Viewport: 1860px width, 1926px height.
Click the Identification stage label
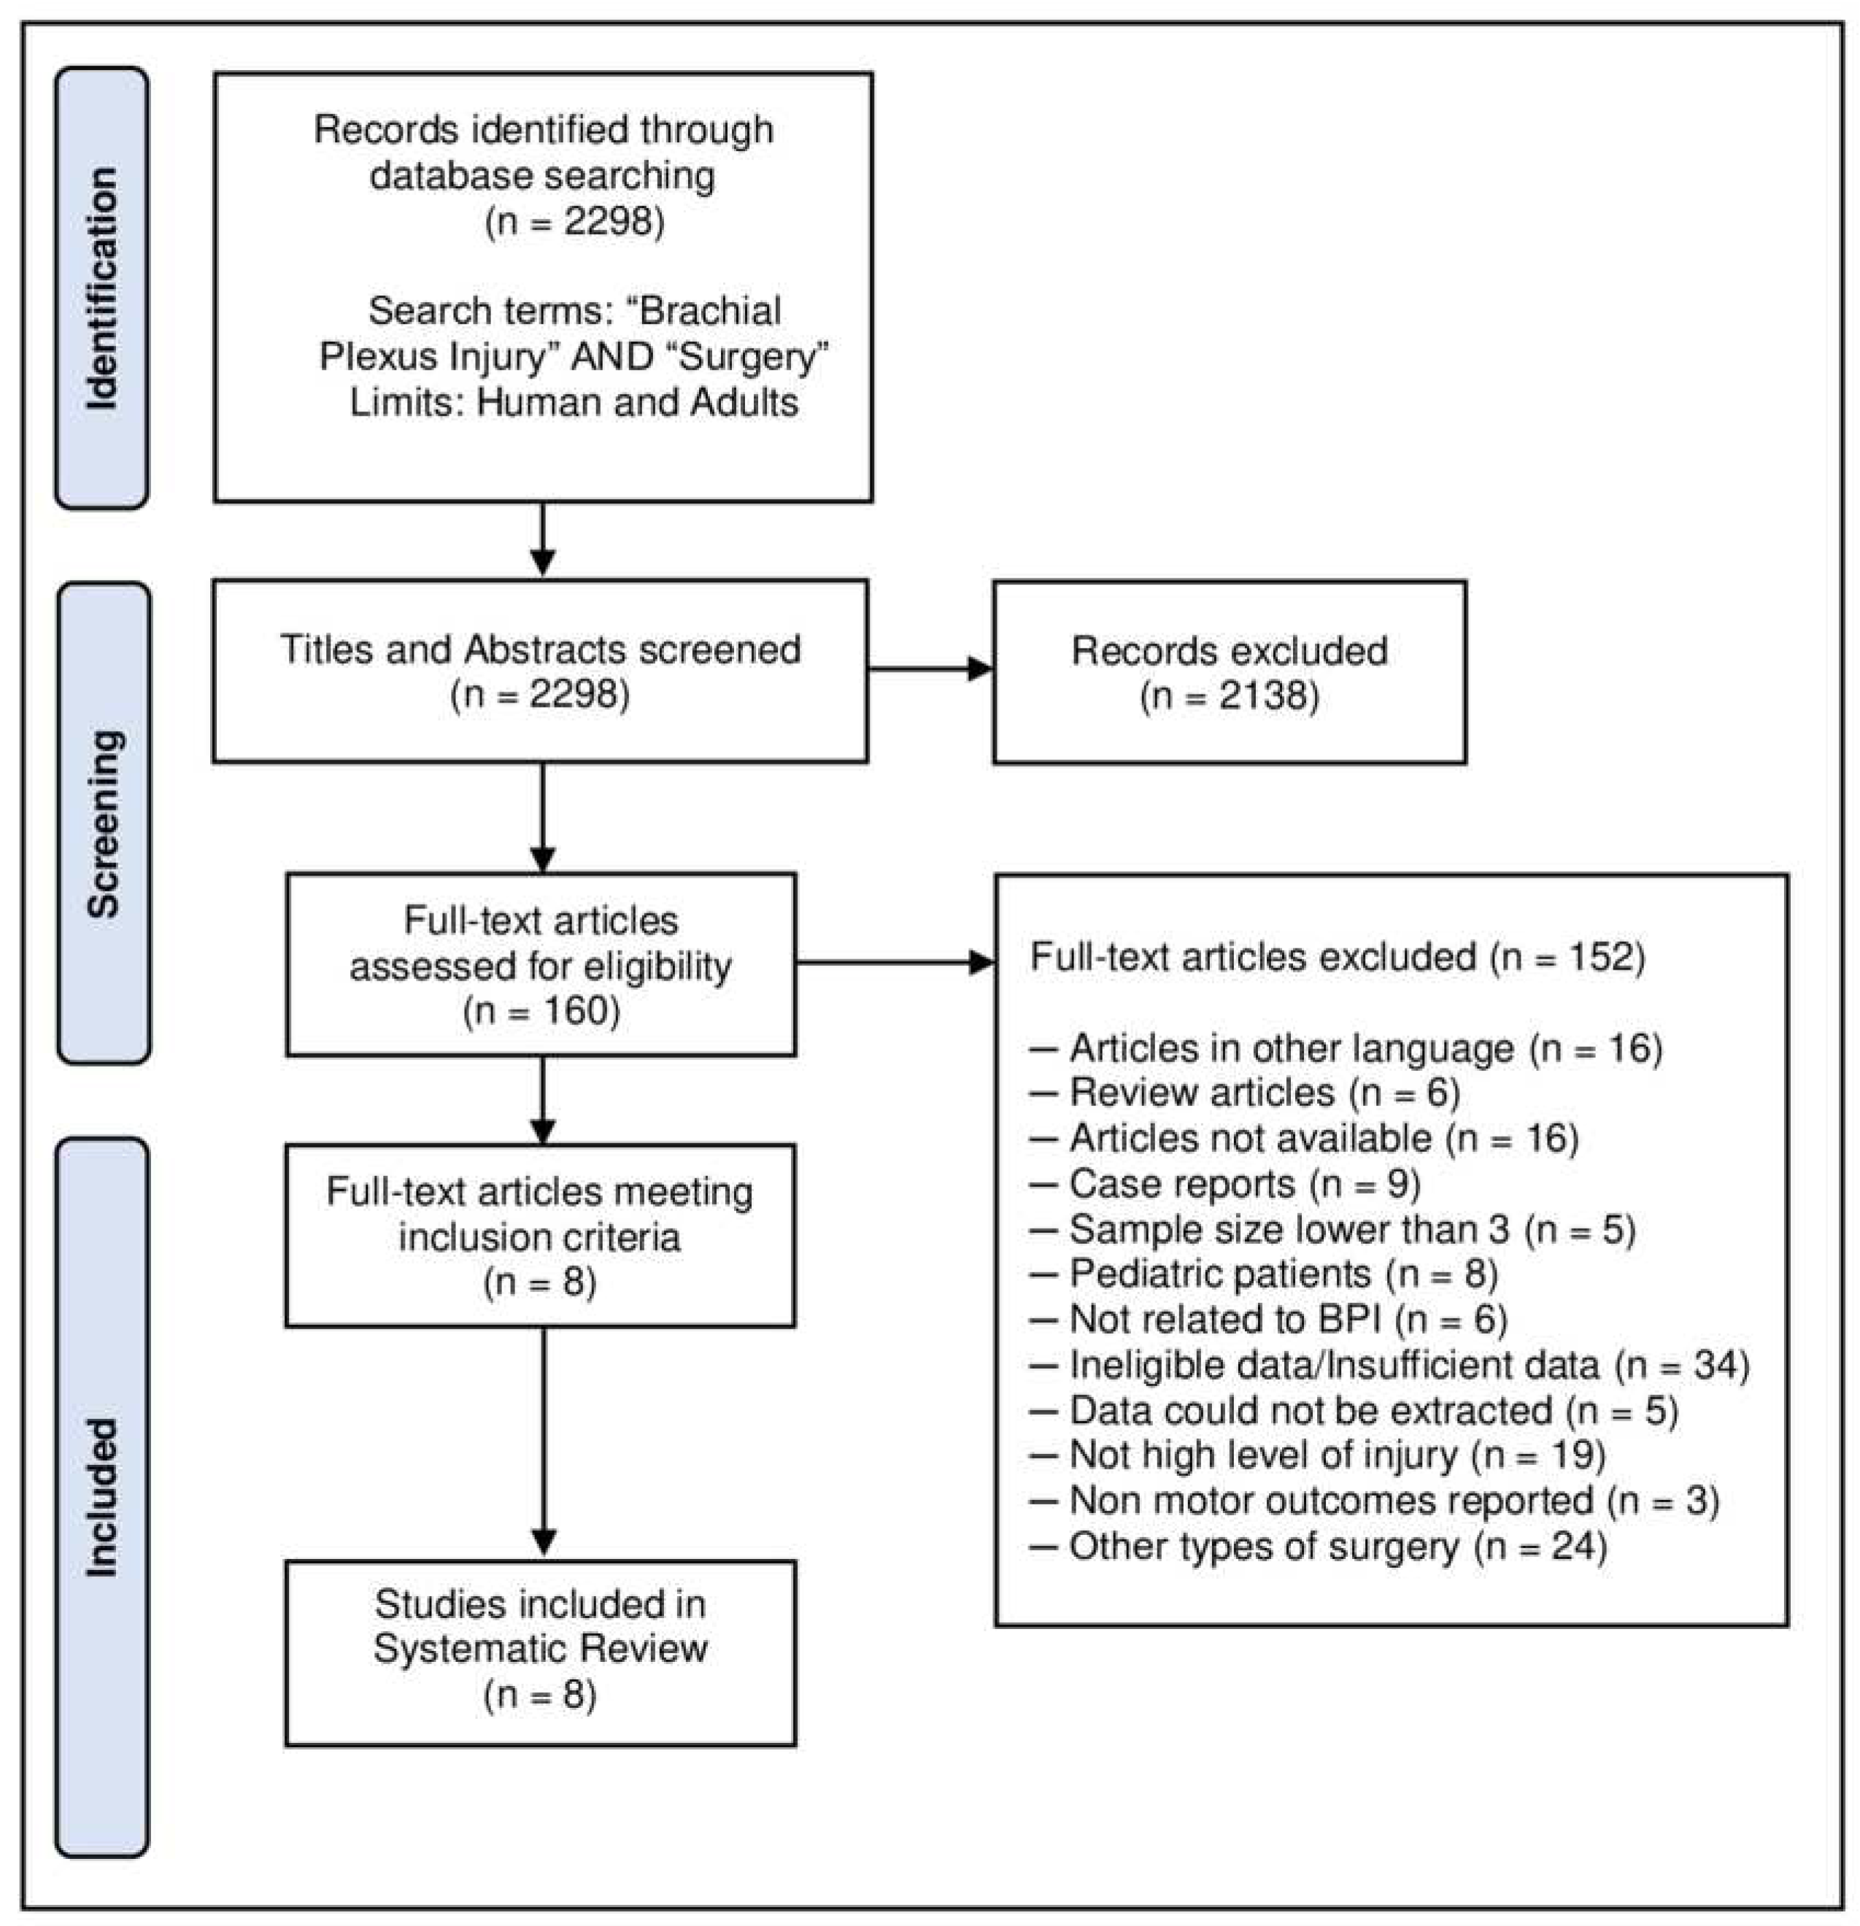coord(101,288)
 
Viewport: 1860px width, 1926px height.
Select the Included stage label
coord(101,1498)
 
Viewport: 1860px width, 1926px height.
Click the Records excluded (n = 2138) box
coord(1229,672)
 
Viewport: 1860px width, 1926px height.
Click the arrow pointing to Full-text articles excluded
coord(895,962)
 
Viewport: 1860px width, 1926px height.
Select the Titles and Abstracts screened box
coord(540,671)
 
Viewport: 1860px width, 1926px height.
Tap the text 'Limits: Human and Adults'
coord(574,402)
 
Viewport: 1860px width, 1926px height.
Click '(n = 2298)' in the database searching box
coord(574,221)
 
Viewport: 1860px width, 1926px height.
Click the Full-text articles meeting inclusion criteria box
coord(540,1235)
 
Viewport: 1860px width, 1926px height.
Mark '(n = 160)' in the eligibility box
coord(541,1011)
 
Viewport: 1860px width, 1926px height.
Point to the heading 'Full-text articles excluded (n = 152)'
coord(1337,956)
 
